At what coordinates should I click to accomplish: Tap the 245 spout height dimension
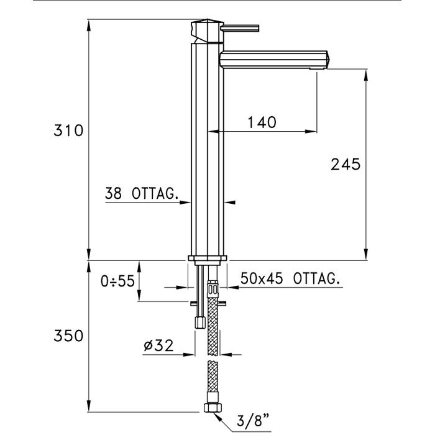(x=346, y=164)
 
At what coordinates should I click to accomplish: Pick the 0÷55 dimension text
(x=117, y=281)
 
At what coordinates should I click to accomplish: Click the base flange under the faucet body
(x=207, y=259)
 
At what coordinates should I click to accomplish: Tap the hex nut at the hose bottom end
(x=211, y=408)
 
